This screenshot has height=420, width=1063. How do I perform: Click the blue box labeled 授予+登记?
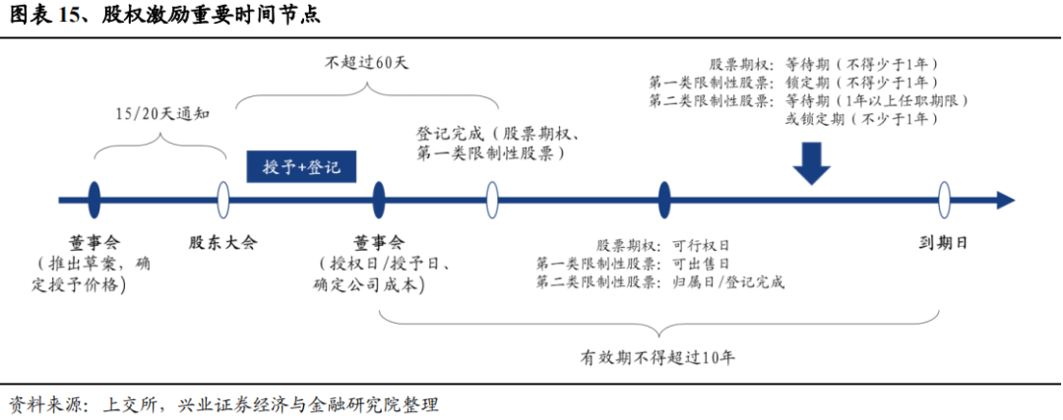coord(300,166)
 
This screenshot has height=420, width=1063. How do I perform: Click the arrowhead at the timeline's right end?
coord(1005,201)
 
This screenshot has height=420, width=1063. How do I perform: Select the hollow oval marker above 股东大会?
coord(223,201)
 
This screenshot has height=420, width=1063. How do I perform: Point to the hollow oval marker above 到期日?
coord(944,201)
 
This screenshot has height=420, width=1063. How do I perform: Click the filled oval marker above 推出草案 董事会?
coord(94,201)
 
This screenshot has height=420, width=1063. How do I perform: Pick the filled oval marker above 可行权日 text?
coord(664,201)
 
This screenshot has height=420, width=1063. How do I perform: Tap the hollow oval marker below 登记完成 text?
coord(491,201)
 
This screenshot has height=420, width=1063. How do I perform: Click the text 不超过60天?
coord(366,61)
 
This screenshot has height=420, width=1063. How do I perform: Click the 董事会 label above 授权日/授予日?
coord(379,242)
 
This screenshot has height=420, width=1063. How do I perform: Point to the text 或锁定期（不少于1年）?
coord(860,119)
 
